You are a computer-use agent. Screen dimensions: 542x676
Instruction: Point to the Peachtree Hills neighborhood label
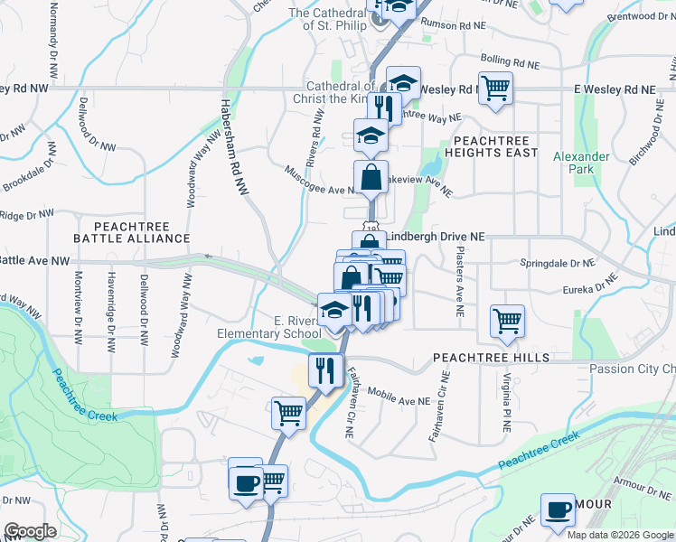pos(491,358)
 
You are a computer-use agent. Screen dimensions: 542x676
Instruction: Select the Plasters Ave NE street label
pos(460,281)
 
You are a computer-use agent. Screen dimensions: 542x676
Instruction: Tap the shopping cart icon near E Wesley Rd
pos(495,89)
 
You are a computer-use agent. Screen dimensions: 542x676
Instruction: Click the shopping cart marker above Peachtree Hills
pos(507,320)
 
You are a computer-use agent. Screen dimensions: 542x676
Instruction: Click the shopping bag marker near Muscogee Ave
pos(371,176)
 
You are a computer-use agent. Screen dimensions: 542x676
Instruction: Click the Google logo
pos(30,531)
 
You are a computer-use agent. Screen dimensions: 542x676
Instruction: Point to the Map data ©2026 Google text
pos(620,535)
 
